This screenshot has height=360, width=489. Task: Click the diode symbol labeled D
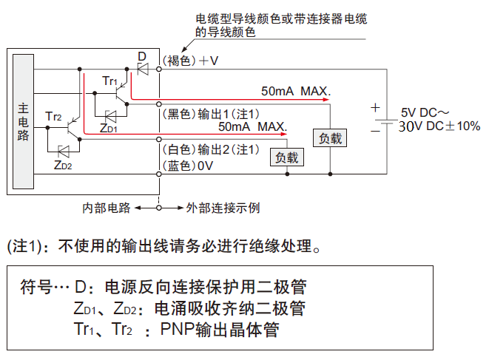[x=142, y=69]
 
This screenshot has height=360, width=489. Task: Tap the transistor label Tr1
[x=109, y=81]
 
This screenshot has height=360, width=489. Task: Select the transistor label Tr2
[x=53, y=117]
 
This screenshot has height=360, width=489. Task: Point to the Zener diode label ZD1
[x=108, y=128]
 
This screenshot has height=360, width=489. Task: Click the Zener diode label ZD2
[x=63, y=164]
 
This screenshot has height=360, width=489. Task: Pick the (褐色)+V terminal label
[x=190, y=61]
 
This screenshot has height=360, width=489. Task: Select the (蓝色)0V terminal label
[x=187, y=166]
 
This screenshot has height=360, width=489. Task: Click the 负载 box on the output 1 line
[x=330, y=137]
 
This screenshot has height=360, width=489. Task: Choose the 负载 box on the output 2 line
[x=287, y=157]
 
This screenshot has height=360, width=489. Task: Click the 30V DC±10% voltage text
[x=439, y=126]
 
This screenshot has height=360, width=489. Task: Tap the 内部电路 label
[x=106, y=208]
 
